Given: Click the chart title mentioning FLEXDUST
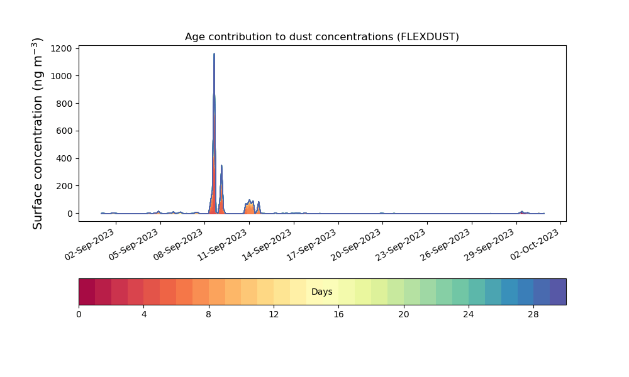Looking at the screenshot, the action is (x=321, y=37).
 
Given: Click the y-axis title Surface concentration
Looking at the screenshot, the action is (x=37, y=134).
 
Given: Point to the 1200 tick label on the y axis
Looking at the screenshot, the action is (x=62, y=48).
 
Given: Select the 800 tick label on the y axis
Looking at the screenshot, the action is (x=64, y=104).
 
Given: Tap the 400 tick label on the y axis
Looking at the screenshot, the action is (x=64, y=158).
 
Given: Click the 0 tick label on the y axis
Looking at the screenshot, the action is (x=70, y=214).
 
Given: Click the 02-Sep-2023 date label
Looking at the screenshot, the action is (x=90, y=245).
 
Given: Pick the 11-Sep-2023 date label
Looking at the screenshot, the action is (x=223, y=245).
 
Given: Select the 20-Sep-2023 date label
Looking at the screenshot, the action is (x=356, y=245).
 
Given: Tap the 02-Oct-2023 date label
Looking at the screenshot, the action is (x=535, y=245).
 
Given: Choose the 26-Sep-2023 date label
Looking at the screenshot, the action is (x=445, y=245).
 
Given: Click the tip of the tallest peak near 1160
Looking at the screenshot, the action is (x=214, y=53).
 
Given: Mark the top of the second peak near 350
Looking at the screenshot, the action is (x=221, y=165).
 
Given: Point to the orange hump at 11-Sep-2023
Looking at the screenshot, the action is (x=249, y=207).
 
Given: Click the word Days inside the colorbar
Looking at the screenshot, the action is (x=321, y=292).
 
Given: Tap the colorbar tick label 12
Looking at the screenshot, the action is (x=274, y=315).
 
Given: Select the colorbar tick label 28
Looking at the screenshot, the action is (x=533, y=315).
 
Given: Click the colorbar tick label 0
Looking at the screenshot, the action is (x=79, y=315).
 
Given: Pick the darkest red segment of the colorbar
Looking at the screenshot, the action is (x=87, y=292).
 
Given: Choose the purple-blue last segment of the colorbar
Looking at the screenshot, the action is (x=558, y=292).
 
